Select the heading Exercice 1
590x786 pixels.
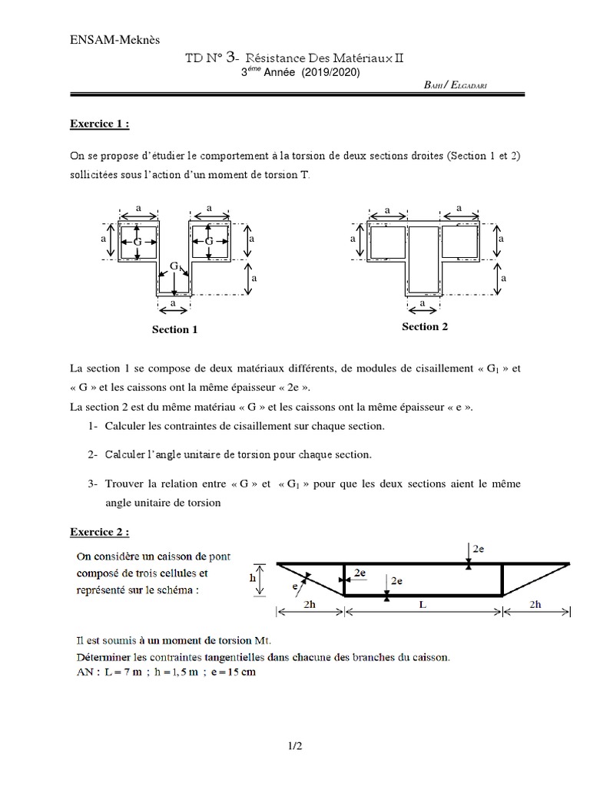click(x=100, y=123)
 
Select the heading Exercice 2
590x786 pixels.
click(x=100, y=530)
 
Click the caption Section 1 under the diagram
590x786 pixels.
click(x=174, y=329)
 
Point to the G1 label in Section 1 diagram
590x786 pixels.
click(x=175, y=266)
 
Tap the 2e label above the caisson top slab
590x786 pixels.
click(x=479, y=549)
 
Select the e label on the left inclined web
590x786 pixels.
click(x=294, y=586)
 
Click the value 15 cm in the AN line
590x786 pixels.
click(x=239, y=672)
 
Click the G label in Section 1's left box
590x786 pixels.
click(x=137, y=242)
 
